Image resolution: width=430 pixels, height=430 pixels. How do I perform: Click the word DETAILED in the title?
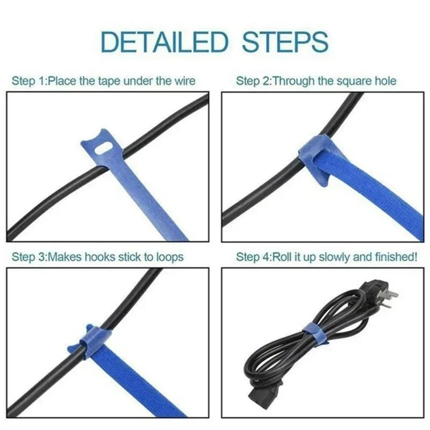tap(161, 41)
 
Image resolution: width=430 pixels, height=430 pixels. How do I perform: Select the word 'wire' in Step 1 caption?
tap(184, 82)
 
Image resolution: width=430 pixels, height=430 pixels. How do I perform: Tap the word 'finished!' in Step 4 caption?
tap(397, 257)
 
